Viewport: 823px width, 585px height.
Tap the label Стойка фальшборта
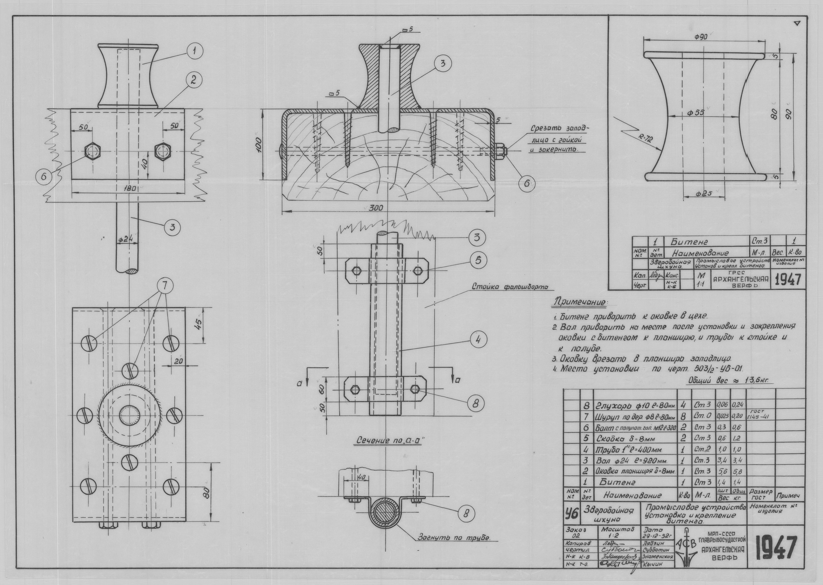(510, 287)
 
